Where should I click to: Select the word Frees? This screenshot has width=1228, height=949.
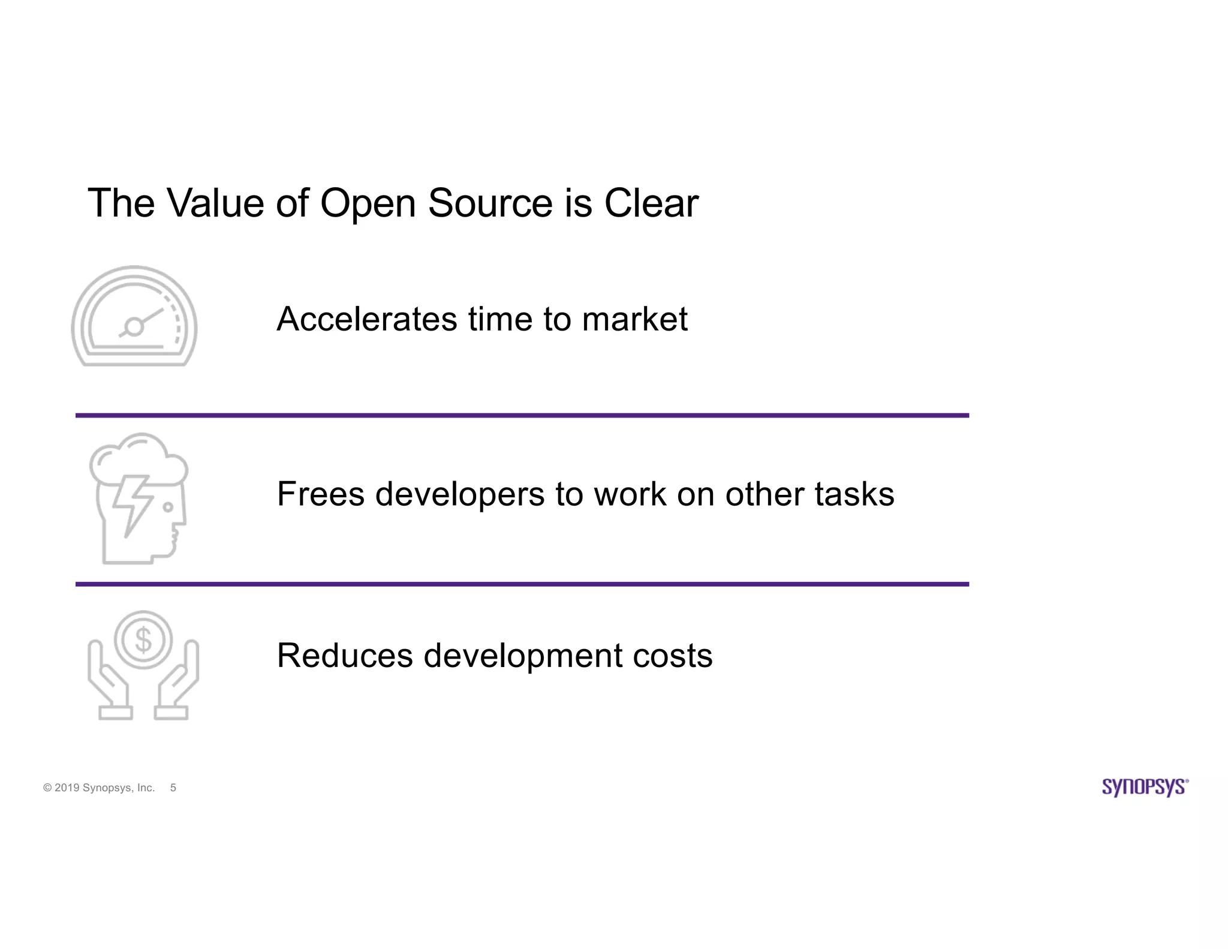(x=321, y=494)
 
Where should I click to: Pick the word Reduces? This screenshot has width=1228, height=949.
(x=345, y=655)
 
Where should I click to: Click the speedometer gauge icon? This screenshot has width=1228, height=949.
(x=134, y=316)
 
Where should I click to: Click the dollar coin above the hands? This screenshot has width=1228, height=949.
(x=143, y=639)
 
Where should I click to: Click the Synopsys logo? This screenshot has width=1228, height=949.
(x=1145, y=787)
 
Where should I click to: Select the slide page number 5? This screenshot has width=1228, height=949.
(x=173, y=788)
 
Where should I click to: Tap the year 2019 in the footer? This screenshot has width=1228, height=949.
(x=67, y=788)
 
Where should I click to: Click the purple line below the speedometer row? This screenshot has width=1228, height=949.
(x=522, y=415)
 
